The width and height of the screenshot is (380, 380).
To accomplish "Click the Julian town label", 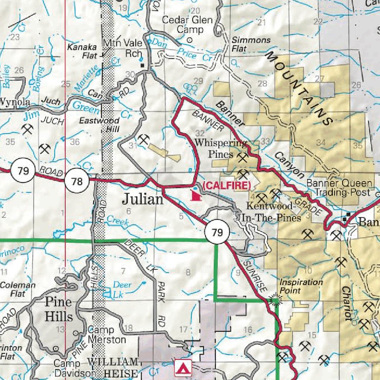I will pos(143,200).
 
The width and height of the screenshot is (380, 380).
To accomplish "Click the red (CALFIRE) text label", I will pos(226,186).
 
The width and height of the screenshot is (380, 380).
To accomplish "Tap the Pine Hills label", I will pos(59,309).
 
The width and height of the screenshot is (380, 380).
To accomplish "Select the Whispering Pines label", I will pos(220,148).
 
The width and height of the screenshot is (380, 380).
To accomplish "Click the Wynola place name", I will pos(14,101).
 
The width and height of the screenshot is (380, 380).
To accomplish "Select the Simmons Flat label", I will pos(251,44).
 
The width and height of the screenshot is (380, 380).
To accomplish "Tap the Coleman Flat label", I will pos(18,289).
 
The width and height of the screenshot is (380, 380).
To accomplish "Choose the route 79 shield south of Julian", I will pos(217,233).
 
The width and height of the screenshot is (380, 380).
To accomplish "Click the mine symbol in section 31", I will pos(143,140).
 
